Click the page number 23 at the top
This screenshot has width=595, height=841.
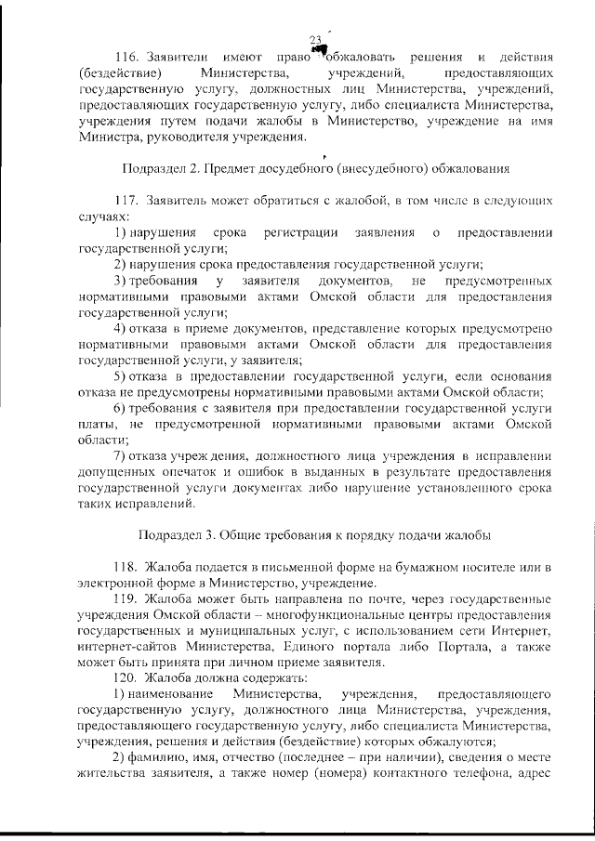coord(314,38)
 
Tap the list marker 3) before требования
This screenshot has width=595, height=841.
coord(120,281)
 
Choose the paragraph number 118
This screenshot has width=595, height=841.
coord(126,567)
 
